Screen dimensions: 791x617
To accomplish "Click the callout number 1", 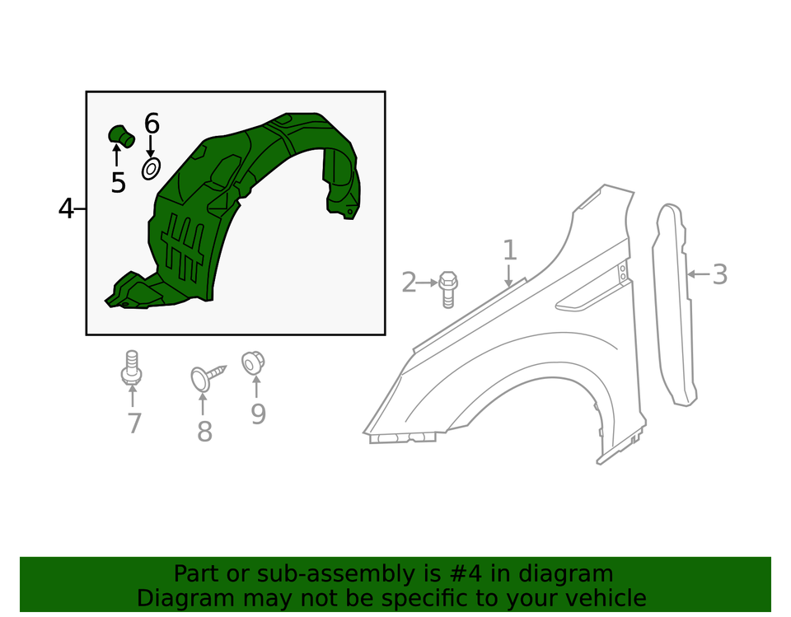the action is pos(510,250).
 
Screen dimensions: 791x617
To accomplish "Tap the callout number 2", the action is pos(409,283).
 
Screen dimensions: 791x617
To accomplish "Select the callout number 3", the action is pos(720,275).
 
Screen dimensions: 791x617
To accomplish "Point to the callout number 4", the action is pos(66,208).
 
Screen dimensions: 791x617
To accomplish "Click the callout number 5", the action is pos(118,183).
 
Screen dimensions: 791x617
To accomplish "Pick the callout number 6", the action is pos(152,124).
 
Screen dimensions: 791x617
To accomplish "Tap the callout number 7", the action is pos(134,423).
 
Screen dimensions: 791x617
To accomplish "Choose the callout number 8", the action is pos(204,432).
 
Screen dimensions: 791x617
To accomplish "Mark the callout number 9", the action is pos(258,414).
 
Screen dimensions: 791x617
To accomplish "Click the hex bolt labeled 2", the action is pos(447,289).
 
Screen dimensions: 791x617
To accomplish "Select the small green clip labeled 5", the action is pos(122,136).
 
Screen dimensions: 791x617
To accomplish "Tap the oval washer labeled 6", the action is pos(151,169).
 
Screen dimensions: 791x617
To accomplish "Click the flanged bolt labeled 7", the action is pos(132,368).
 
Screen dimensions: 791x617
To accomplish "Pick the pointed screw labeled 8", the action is pos(208,376).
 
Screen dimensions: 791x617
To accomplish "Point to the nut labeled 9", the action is pos(253,363).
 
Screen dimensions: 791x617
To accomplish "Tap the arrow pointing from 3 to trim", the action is pos(700,274).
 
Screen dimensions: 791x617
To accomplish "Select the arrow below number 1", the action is pos(508,276).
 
